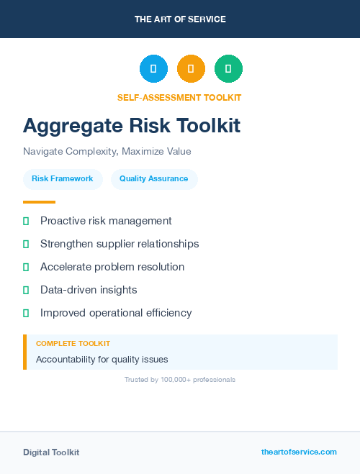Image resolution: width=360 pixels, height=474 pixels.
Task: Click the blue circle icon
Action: coord(153,69)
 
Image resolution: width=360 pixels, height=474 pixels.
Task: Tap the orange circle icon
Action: coord(191,69)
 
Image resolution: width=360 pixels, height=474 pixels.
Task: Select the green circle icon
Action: coord(228,69)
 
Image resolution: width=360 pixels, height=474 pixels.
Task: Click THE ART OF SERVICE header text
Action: coord(180,19)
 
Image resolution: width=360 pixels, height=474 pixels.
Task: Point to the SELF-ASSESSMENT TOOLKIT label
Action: coord(179,98)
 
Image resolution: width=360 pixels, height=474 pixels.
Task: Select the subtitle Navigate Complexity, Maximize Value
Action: coord(107,152)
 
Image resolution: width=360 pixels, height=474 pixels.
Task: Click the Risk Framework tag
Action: coord(63,179)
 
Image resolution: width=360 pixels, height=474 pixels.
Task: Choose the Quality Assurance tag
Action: coord(154,179)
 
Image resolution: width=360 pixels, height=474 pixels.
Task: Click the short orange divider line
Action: coord(39,202)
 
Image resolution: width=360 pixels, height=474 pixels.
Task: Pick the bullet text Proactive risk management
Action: coord(106,221)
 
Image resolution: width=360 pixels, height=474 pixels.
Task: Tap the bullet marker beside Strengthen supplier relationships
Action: coord(26,244)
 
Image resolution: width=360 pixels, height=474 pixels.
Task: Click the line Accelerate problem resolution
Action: coord(112,267)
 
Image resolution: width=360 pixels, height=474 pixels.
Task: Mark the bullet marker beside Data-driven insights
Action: coord(26,290)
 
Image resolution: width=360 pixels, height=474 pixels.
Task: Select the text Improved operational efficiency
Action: coord(116,313)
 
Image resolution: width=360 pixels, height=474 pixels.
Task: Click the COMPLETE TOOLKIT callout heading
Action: coord(73,344)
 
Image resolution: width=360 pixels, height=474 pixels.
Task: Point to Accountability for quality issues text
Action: coord(102,359)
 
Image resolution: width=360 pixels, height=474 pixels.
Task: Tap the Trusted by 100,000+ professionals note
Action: coord(180,379)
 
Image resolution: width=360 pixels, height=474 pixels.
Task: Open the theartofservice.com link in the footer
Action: coord(299,452)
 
